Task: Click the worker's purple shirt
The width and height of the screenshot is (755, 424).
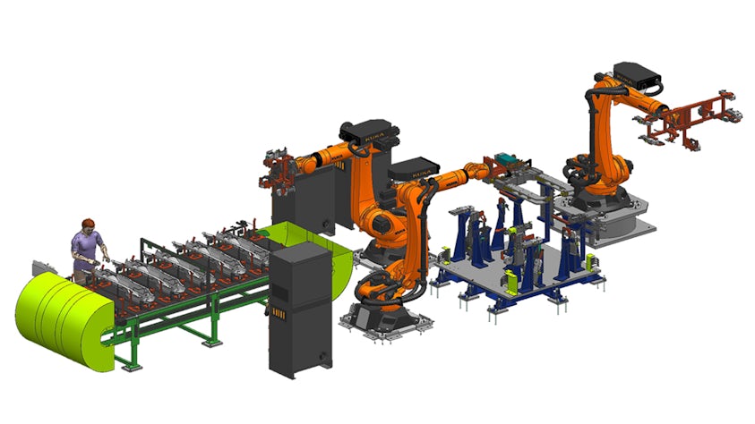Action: [x=87, y=243]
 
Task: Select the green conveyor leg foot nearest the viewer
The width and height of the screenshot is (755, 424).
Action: [x=134, y=366]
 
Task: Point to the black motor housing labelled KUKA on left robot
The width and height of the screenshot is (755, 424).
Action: [x=369, y=135]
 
